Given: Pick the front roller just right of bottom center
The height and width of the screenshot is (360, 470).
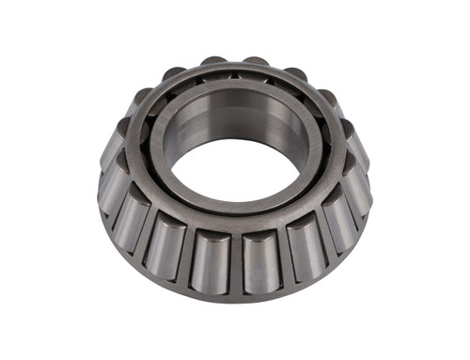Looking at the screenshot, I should tap(260, 258).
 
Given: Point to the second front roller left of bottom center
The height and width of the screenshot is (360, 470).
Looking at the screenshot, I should tap(165, 247).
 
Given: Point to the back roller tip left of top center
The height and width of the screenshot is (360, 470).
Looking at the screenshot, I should tap(214, 64).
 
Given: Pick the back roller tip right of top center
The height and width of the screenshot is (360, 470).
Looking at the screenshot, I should tap(255, 64).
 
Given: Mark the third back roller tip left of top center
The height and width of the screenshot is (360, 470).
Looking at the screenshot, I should tap(144, 95).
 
